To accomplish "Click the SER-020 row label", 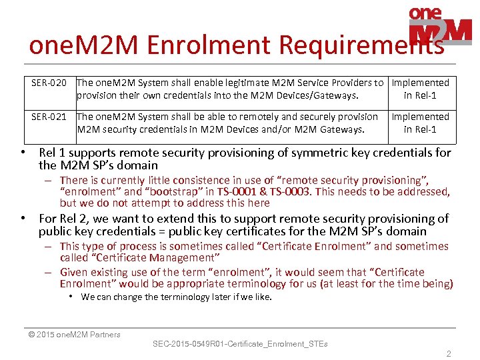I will [49, 83].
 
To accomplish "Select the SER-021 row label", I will [49, 117].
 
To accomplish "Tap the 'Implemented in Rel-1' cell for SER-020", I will [420, 89].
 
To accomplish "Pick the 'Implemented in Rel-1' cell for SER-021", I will [420, 123].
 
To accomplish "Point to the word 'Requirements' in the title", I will [361, 45].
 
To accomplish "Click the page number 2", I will [449, 354].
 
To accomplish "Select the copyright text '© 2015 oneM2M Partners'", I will [74, 335].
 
